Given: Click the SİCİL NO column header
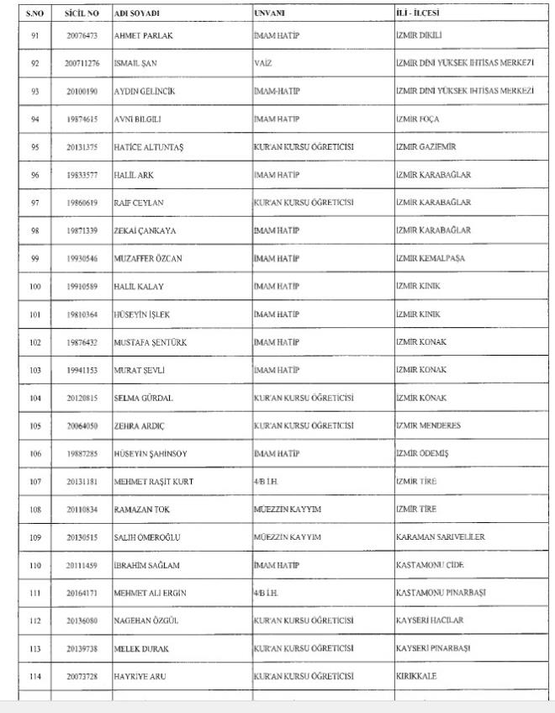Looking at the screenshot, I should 82,13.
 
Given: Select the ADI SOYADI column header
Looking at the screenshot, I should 136,13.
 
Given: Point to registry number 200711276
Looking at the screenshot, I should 82,63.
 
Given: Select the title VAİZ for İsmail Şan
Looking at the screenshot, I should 262,63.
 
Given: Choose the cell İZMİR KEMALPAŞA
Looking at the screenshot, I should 430,258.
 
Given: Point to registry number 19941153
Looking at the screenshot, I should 82,370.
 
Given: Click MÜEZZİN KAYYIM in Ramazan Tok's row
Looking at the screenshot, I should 287,509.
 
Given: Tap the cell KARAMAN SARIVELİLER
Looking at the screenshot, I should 440,536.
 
